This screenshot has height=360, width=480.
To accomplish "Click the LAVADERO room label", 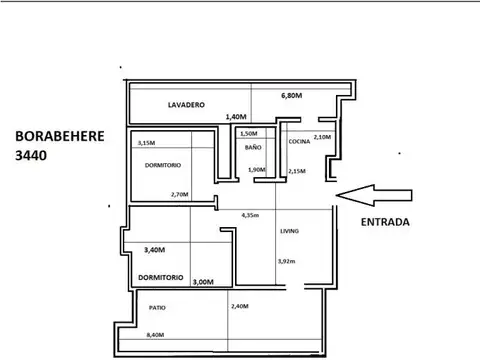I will pos(186,104).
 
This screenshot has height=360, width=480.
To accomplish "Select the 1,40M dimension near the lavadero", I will pos(236,116).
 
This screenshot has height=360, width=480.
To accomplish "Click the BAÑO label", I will pos(253,147).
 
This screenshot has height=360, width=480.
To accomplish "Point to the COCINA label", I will pos(300,142).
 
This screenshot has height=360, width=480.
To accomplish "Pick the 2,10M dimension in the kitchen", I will pos(322,137).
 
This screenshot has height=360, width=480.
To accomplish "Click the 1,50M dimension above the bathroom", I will pos(249,133).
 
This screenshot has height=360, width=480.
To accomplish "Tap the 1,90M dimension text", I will pos(257,169).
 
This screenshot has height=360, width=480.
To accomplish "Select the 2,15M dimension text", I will pos(296,171).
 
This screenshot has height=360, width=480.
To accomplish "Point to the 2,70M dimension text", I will pos(180,194).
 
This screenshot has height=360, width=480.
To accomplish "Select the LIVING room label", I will pos(290,231).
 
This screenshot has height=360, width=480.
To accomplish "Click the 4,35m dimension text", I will pos(251,215).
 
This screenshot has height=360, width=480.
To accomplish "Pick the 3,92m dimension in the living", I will pos(287,261).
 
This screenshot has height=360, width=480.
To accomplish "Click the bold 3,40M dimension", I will pos(155,249).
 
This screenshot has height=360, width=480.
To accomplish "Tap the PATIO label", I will pos(157,307).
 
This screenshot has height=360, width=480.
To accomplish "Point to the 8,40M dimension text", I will pos(155,335).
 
